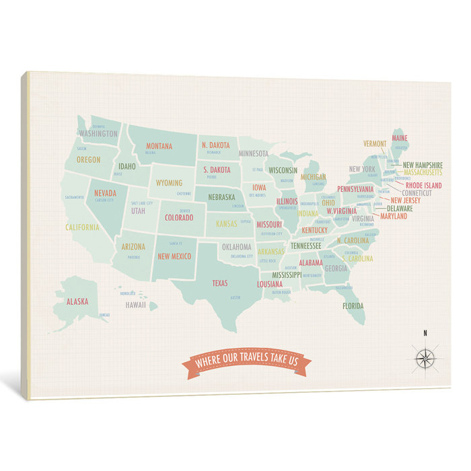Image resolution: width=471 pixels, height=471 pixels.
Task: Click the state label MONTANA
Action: pyautogui.click(x=159, y=146)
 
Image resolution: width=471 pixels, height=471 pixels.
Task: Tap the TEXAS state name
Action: pyautogui.click(x=220, y=283)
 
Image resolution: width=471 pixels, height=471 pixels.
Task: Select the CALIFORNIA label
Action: pyautogui.click(x=82, y=227)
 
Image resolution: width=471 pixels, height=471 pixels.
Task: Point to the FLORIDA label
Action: pyautogui.click(x=353, y=306)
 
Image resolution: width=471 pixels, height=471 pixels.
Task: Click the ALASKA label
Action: pyautogui.click(x=77, y=301)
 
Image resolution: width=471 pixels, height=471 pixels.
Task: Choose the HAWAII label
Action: pyautogui.click(x=136, y=305)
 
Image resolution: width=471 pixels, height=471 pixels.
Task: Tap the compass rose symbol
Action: pyautogui.click(x=425, y=358)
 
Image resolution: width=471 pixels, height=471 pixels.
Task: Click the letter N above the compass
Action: pyautogui.click(x=425, y=332)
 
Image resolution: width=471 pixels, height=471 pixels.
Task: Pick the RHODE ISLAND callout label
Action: pyautogui.click(x=423, y=185)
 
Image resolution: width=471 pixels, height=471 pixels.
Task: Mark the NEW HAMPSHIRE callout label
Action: pyautogui.click(x=422, y=165)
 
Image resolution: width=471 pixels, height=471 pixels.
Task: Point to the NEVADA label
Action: pyautogui.click(x=105, y=192)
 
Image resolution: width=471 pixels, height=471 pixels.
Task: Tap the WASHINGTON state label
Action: pyautogui.click(x=98, y=133)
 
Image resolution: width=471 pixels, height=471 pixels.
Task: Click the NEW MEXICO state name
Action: pyautogui.click(x=174, y=256)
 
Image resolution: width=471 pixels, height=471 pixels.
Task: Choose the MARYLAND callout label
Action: pyautogui.click(x=394, y=217)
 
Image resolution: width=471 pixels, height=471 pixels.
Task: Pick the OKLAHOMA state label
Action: pyautogui.click(x=237, y=247)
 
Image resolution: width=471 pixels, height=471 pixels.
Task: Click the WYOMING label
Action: pyautogui.click(x=169, y=182)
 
